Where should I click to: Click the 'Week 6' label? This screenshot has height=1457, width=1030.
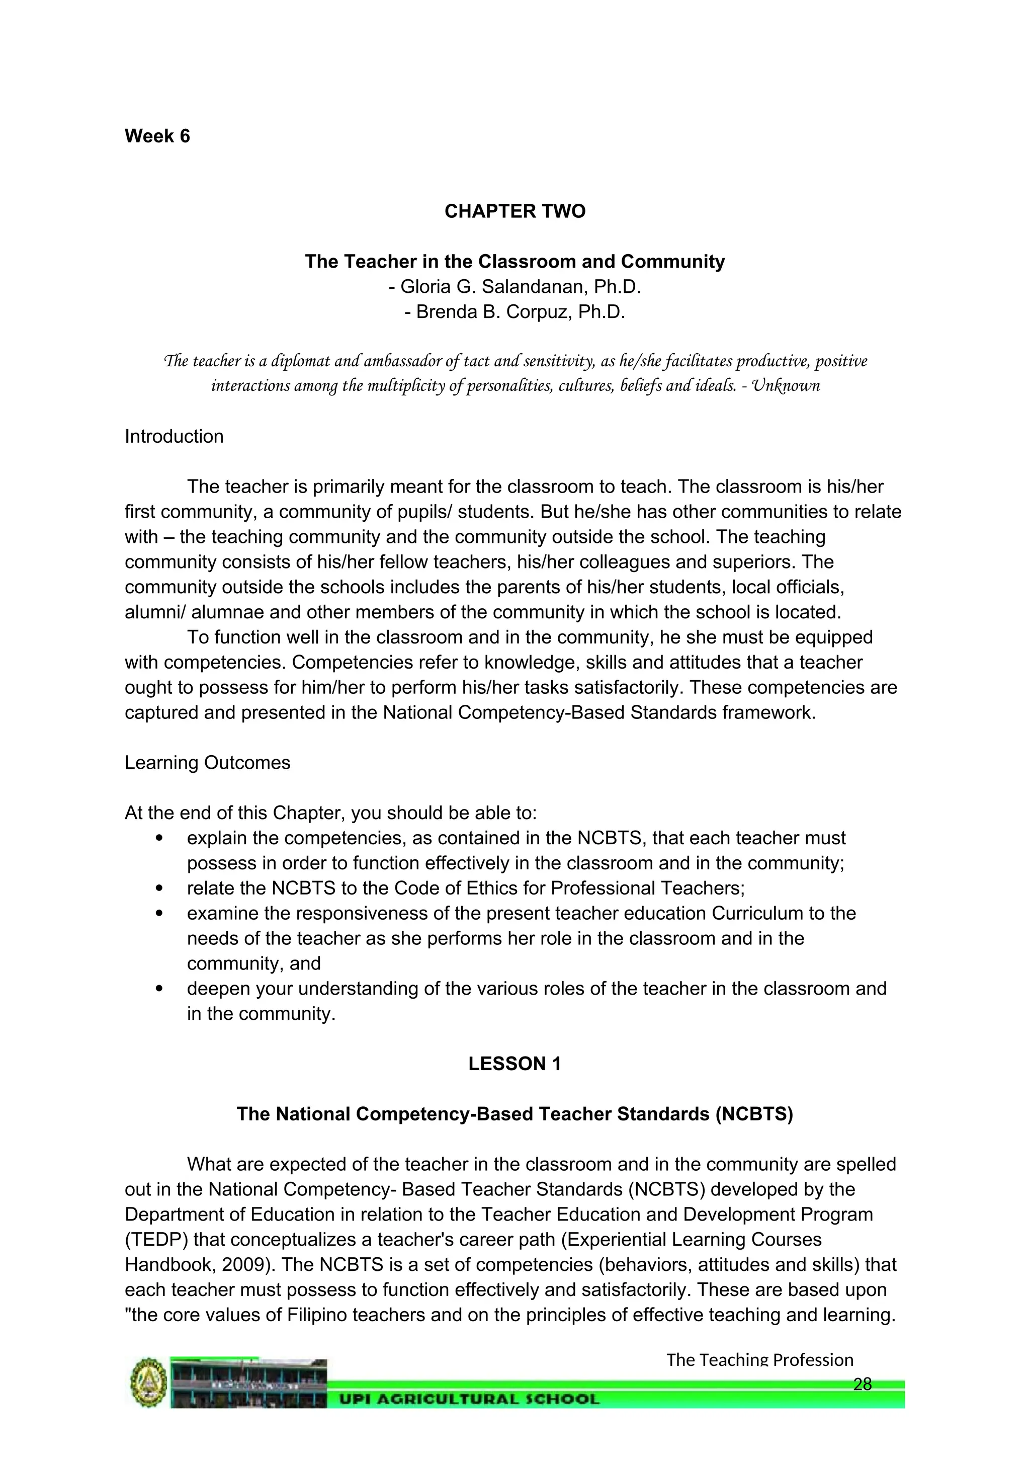click(x=157, y=136)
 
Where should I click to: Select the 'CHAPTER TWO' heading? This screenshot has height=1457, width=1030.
click(x=514, y=211)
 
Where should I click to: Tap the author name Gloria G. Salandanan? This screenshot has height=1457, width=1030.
click(x=520, y=287)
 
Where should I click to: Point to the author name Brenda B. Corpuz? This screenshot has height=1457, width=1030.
click(x=520, y=312)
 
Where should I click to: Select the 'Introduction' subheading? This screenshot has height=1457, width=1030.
click(x=174, y=437)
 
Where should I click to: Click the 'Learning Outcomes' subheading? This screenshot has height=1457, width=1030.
click(x=207, y=763)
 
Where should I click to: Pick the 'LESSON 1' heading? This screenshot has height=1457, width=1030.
click(x=514, y=1064)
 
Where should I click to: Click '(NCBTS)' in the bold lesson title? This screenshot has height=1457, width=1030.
click(x=753, y=1114)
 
